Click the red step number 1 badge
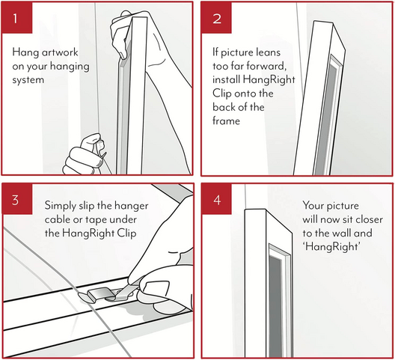pyautogui.click(x=17, y=18)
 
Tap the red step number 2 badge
pyautogui.click(x=216, y=18)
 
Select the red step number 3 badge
pyautogui.click(x=17, y=199)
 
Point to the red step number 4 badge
pyautogui.click(x=216, y=199)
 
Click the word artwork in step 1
pyautogui.click(x=60, y=52)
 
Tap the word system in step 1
pyautogui.click(x=28, y=80)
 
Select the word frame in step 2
pyautogui.click(x=226, y=120)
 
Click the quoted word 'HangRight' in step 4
pyautogui.click(x=331, y=246)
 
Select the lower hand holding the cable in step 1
pyautogui.click(x=82, y=155)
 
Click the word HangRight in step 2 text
pyautogui.click(x=269, y=79)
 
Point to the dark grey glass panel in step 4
pyautogui.click(x=275, y=305)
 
